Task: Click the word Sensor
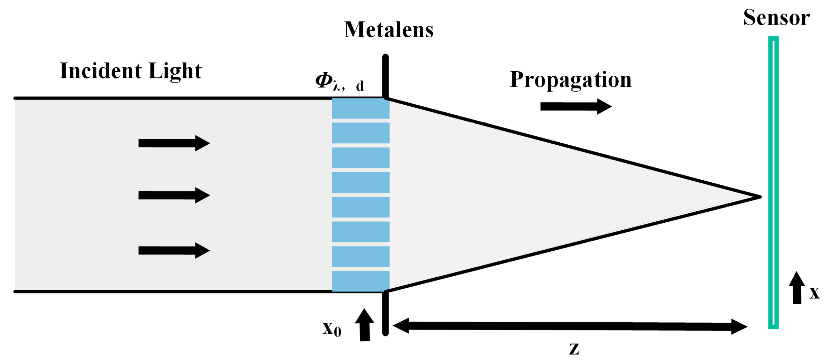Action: (x=776, y=17)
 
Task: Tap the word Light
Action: (x=175, y=71)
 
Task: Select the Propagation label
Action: (x=571, y=80)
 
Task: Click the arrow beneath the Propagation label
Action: (x=576, y=106)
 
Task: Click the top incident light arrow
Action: (x=174, y=143)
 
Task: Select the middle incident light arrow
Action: (x=174, y=195)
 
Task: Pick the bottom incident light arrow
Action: (x=174, y=250)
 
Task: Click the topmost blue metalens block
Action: (x=360, y=108)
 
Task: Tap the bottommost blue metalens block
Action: (x=360, y=281)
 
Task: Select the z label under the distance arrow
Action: (x=574, y=349)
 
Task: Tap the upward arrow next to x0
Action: (x=365, y=325)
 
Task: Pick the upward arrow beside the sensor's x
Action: (x=797, y=288)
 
